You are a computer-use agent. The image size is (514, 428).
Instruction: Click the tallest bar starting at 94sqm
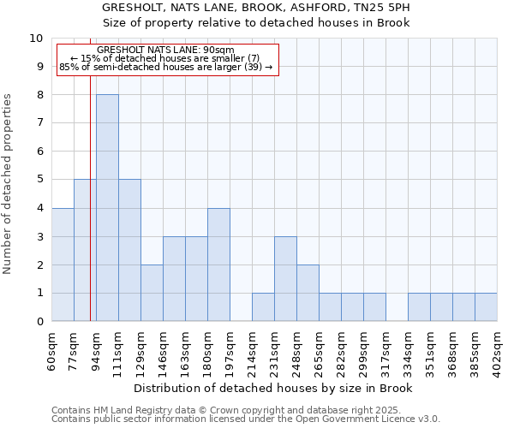click(x=107, y=208)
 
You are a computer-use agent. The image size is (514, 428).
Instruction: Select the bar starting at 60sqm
click(x=63, y=265)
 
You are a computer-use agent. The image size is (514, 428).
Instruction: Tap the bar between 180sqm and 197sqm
click(x=218, y=265)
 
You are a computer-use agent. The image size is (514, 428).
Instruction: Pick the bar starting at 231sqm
click(x=285, y=279)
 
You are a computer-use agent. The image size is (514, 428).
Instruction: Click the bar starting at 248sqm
click(x=308, y=293)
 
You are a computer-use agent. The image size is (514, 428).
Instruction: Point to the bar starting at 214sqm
click(x=263, y=307)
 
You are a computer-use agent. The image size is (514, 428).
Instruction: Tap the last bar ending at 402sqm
click(x=486, y=307)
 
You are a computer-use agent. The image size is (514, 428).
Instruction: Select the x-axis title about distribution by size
click(x=274, y=389)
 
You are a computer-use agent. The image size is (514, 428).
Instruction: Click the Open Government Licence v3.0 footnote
click(x=246, y=419)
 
